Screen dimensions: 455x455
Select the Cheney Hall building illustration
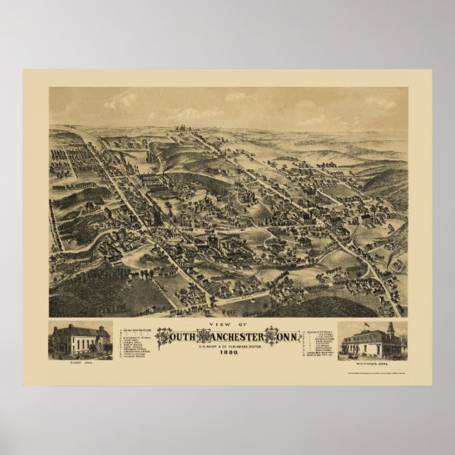coord(80,340)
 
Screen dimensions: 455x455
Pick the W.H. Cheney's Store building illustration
coord(372,342)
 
